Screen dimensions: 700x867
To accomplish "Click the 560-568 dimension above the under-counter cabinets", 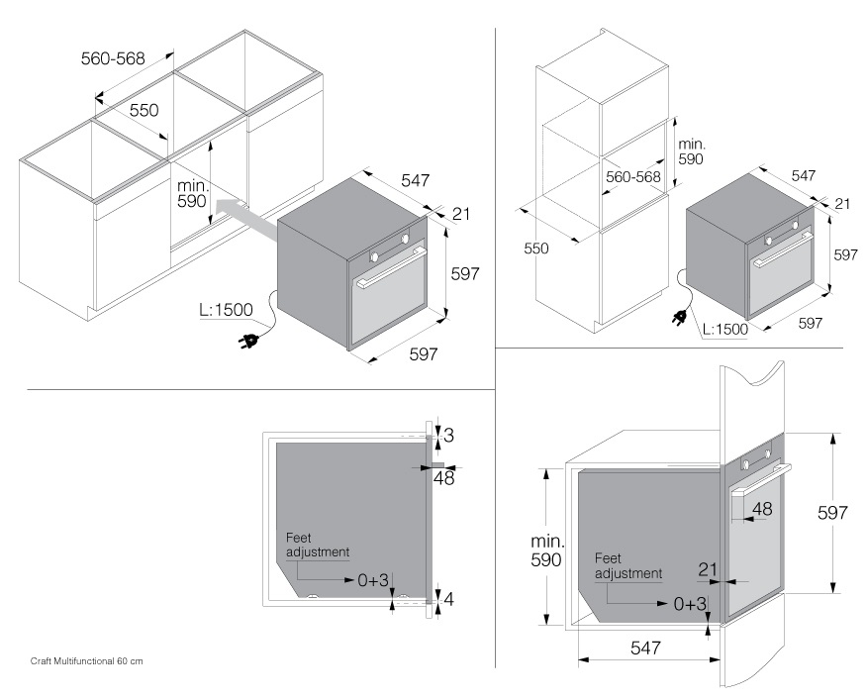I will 113,58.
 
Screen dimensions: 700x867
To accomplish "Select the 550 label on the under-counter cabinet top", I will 144,110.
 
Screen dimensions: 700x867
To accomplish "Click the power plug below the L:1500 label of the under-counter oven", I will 248,343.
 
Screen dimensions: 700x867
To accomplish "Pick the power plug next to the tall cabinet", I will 680,319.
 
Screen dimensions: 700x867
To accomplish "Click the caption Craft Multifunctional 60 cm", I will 87,660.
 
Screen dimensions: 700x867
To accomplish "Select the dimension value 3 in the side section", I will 447,435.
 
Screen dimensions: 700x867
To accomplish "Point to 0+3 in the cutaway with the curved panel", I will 690,603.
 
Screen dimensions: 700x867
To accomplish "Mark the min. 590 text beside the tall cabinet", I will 691,151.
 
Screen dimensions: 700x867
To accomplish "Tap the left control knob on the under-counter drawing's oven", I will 376,256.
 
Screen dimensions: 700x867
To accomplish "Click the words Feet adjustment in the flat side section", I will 317,545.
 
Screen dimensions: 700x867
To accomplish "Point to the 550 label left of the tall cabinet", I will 535,249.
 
